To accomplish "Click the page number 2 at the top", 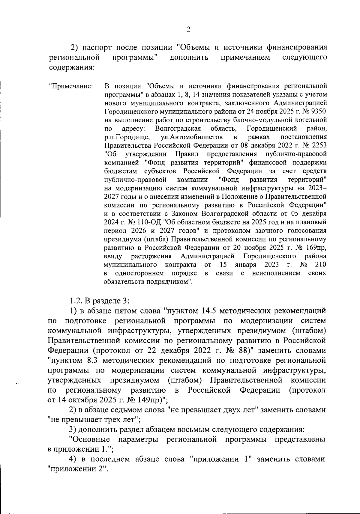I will tap(188, 29).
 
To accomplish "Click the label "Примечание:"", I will tap(71, 86).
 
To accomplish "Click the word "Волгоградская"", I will tap(178, 129).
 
